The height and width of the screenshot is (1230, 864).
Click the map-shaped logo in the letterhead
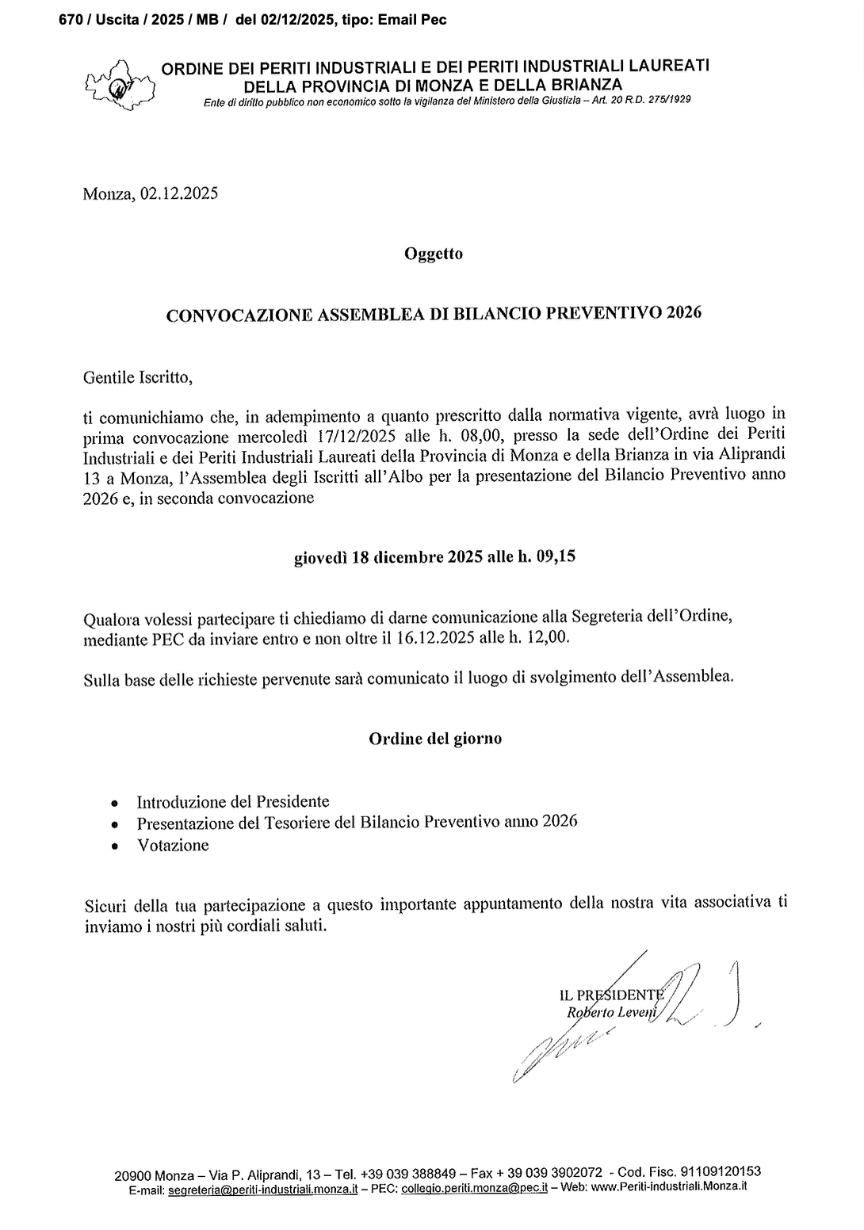coord(120,82)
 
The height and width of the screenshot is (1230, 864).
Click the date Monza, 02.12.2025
coord(150,194)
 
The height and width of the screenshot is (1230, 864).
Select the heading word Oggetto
coord(433,254)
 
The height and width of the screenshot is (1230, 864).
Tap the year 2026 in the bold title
coord(684,313)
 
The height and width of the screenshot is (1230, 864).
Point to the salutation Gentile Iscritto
coord(137,377)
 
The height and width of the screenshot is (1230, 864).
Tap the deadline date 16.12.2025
coord(431,637)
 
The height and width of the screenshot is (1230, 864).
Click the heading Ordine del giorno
coord(435,739)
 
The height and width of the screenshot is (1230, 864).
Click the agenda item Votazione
coord(173,846)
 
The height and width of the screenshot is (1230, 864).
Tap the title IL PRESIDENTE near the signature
coord(610,995)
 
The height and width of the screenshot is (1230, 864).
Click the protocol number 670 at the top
coord(70,20)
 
